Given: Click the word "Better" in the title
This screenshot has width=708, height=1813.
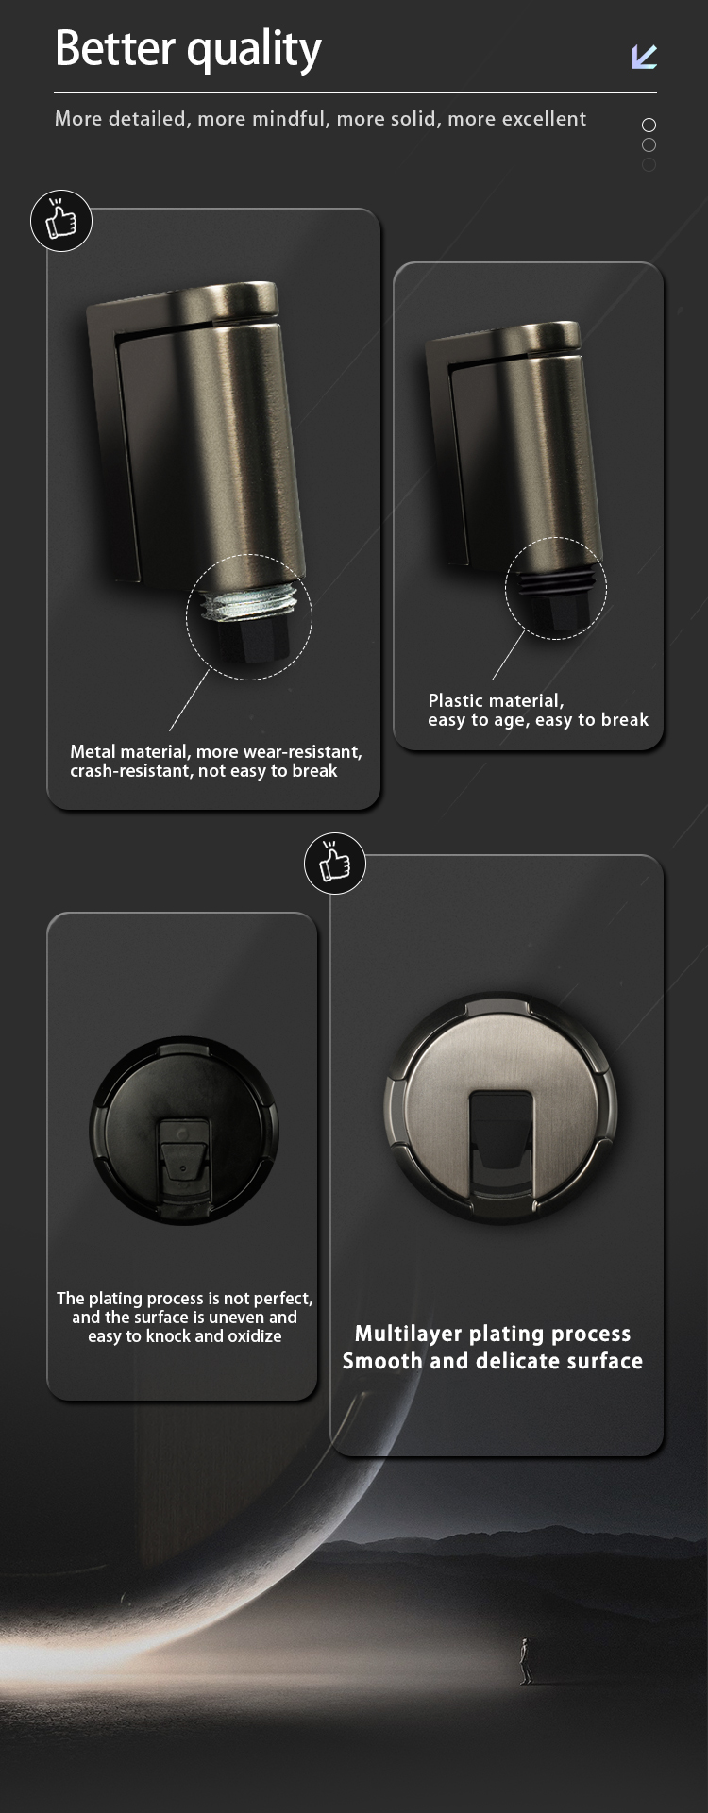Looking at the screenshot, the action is click(116, 48).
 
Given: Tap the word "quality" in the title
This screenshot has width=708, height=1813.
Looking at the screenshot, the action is click(255, 52).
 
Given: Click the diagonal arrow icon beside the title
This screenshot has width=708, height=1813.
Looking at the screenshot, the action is click(645, 57).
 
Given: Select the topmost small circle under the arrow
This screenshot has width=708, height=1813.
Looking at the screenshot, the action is click(649, 125).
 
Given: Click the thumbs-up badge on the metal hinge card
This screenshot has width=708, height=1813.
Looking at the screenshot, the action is click(61, 221).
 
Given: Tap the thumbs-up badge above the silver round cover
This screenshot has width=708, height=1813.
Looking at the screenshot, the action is click(335, 864).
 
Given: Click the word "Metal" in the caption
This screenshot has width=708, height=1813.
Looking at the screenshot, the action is click(93, 751).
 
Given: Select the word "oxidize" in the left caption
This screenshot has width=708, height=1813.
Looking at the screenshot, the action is click(254, 1336).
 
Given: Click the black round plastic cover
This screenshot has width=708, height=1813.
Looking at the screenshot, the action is click(184, 1132).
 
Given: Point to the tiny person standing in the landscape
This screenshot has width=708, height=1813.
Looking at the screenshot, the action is click(525, 1662).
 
